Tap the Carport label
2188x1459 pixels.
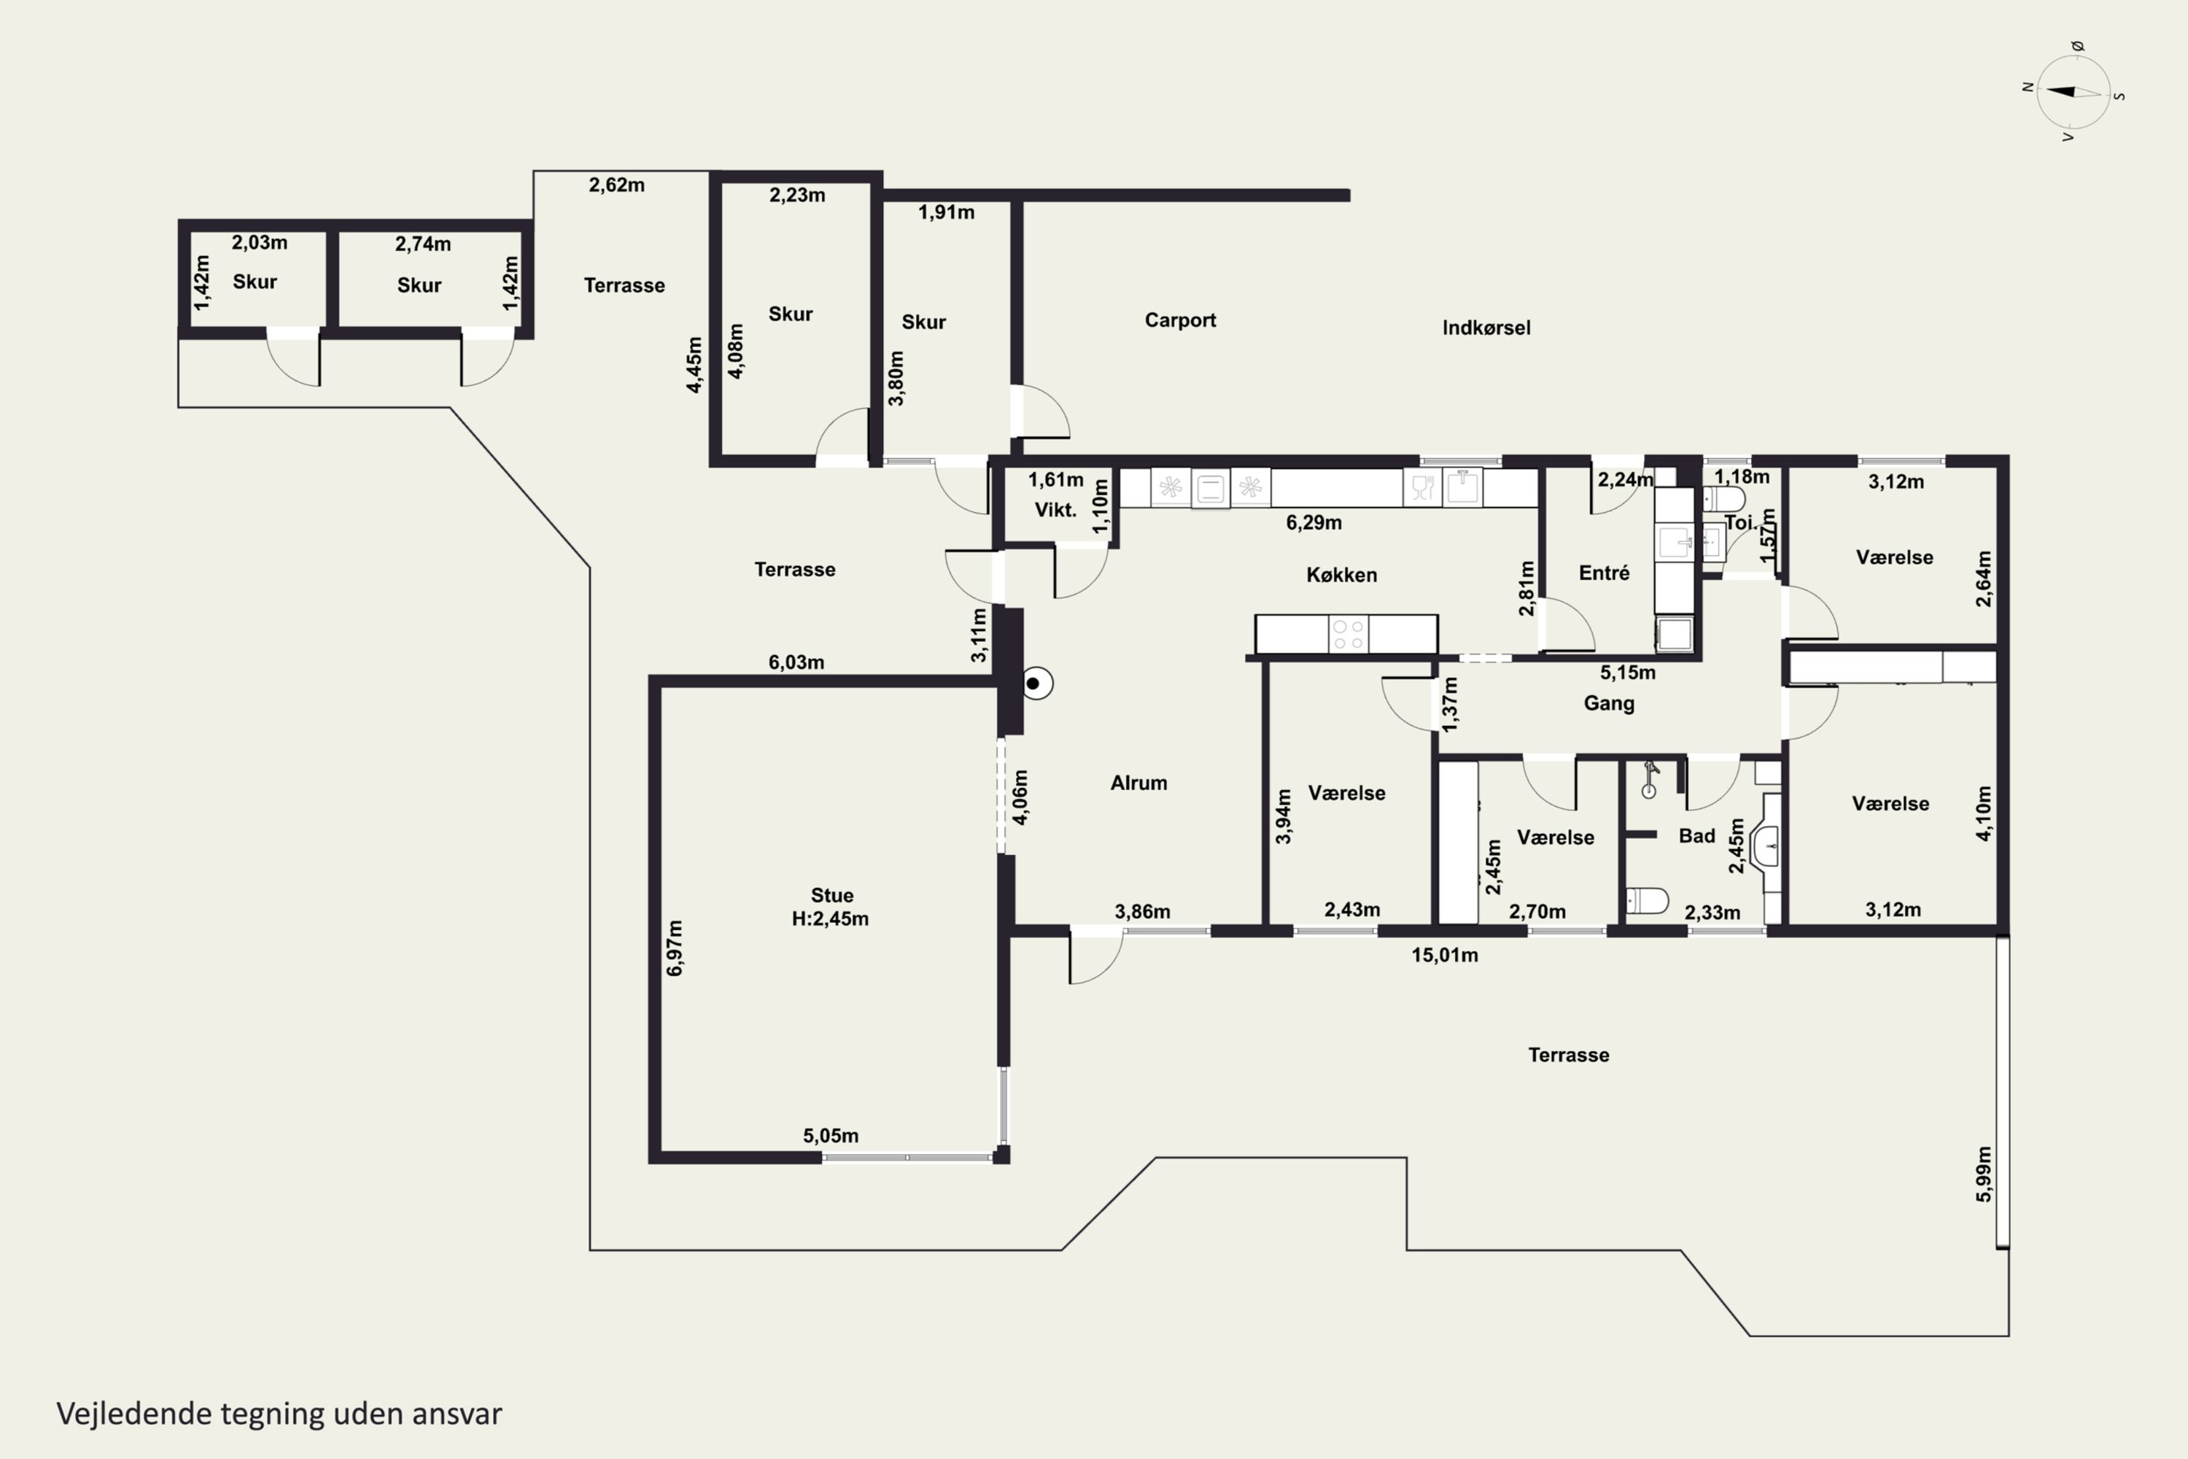(x=1179, y=320)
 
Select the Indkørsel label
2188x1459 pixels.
(x=1486, y=328)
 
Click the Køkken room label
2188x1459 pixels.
(x=1341, y=575)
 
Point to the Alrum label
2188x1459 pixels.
(x=1138, y=783)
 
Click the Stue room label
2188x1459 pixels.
(x=831, y=895)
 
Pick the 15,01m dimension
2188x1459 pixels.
(x=1445, y=955)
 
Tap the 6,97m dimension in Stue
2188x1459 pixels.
(x=675, y=948)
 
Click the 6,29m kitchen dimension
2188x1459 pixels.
(x=1314, y=523)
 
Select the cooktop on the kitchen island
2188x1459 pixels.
(x=1348, y=635)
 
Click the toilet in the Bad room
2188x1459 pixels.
(x=1647, y=901)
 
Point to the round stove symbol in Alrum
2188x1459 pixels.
(x=1036, y=684)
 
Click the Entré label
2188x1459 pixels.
(x=1604, y=573)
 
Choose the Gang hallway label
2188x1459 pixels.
(x=1608, y=703)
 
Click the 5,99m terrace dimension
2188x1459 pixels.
(x=1985, y=1174)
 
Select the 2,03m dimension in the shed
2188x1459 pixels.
(x=260, y=243)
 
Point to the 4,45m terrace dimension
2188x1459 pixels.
(x=694, y=365)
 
